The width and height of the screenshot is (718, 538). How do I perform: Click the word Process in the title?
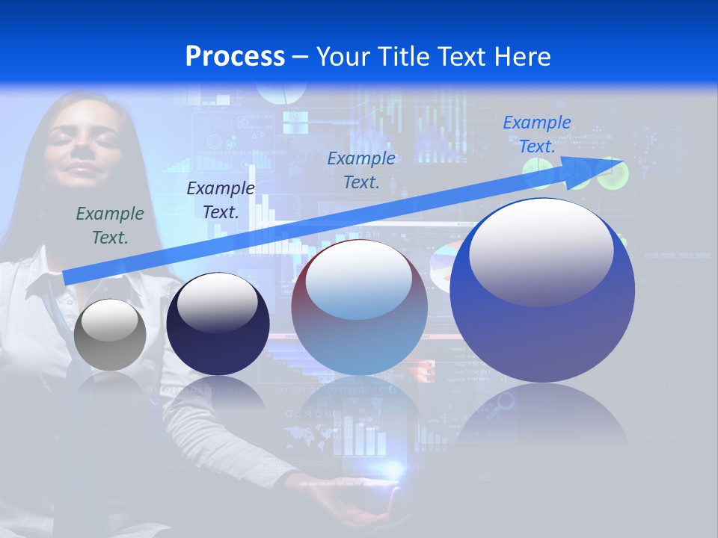pos(235,57)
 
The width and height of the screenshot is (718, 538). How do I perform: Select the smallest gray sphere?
pos(111,335)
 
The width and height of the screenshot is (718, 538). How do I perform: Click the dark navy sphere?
pos(218,325)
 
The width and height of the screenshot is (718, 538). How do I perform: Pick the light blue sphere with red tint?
pos(359,308)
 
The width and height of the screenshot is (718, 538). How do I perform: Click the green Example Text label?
pos(110,225)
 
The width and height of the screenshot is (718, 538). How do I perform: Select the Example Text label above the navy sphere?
pos(221,200)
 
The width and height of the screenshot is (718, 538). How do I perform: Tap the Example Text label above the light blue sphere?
pos(361,169)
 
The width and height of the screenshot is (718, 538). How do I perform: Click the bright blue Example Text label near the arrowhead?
pos(536,134)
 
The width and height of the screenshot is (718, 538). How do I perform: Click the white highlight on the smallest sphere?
pos(109,321)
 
